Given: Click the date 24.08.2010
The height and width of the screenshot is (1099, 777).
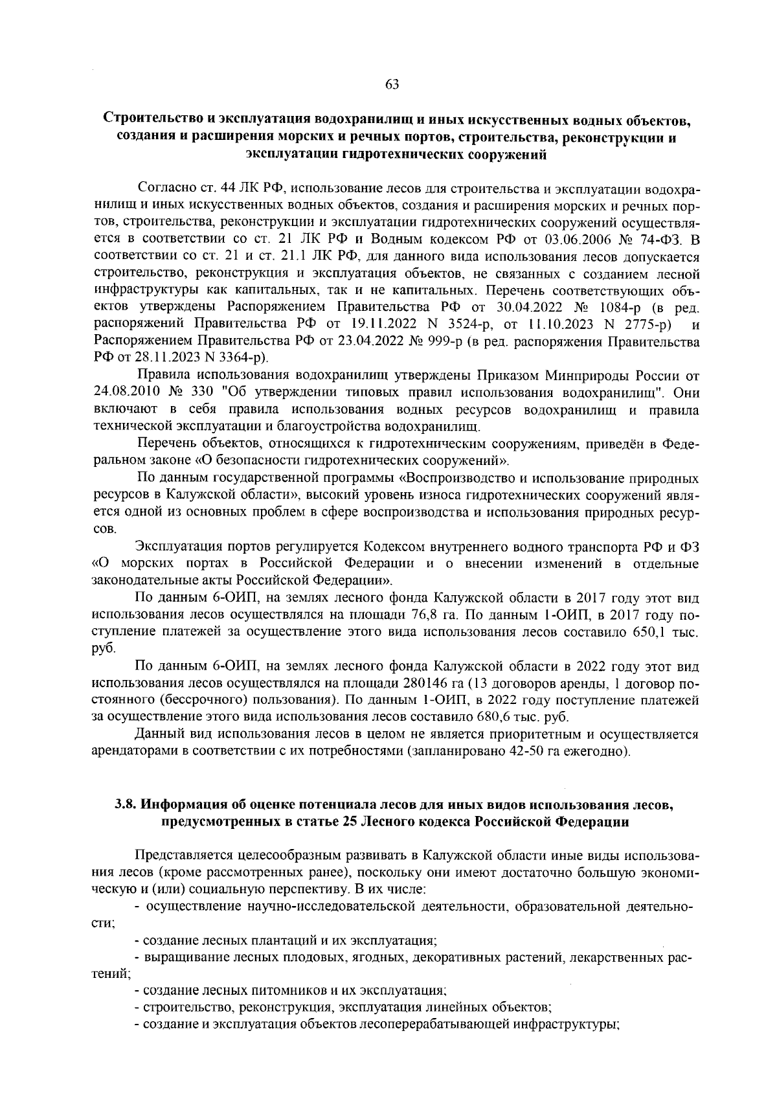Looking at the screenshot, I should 124,392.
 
